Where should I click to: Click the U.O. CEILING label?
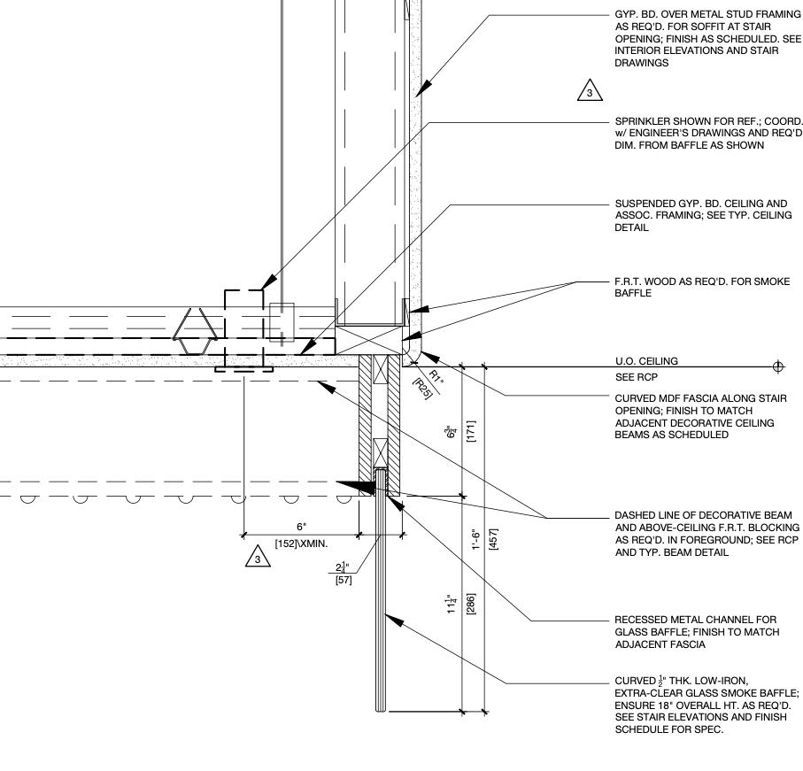645,361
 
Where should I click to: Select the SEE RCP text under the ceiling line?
633,376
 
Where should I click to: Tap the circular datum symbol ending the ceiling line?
778,366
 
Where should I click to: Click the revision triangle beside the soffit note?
590,90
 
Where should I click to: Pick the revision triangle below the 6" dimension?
257,559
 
